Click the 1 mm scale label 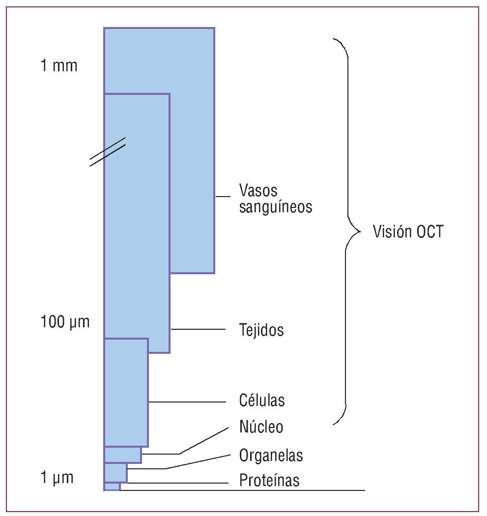pyautogui.click(x=58, y=66)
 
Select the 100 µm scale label pyautogui.click(x=65, y=323)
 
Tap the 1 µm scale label pyautogui.click(x=57, y=478)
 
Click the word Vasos pyautogui.click(x=258, y=190)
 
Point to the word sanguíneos pyautogui.click(x=276, y=207)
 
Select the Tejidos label pyautogui.click(x=261, y=330)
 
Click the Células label pyautogui.click(x=262, y=401)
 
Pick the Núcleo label pyautogui.click(x=261, y=427)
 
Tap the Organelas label pyautogui.click(x=271, y=455)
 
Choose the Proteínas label pyautogui.click(x=269, y=480)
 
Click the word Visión pyautogui.click(x=390, y=231)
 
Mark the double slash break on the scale pyautogui.click(x=107, y=151)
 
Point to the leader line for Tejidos pyautogui.click(x=198, y=329)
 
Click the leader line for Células pyautogui.click(x=187, y=401)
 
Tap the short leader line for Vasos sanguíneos pyautogui.click(x=223, y=197)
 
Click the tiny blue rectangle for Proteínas pyautogui.click(x=112, y=487)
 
